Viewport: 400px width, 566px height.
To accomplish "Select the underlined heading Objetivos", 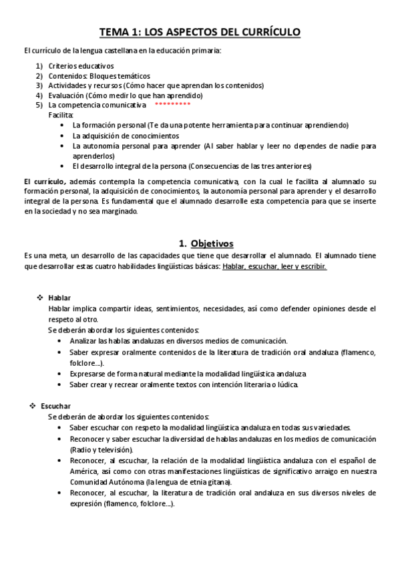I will click(x=212, y=243).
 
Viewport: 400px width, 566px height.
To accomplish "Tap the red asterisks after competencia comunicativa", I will click(x=172, y=105).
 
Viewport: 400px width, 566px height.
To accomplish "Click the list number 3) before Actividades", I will click(x=39, y=85).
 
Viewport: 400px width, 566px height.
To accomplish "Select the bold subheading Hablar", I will click(x=59, y=297).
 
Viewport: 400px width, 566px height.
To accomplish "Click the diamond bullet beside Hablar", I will click(x=39, y=297).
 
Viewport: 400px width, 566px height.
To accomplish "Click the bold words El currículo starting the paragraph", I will click(x=44, y=182).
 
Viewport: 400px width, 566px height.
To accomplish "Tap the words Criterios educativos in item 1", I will click(x=81, y=66).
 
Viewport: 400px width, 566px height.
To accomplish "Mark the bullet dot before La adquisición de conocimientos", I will click(x=63, y=135).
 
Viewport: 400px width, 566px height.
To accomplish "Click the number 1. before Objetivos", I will click(x=182, y=243).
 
